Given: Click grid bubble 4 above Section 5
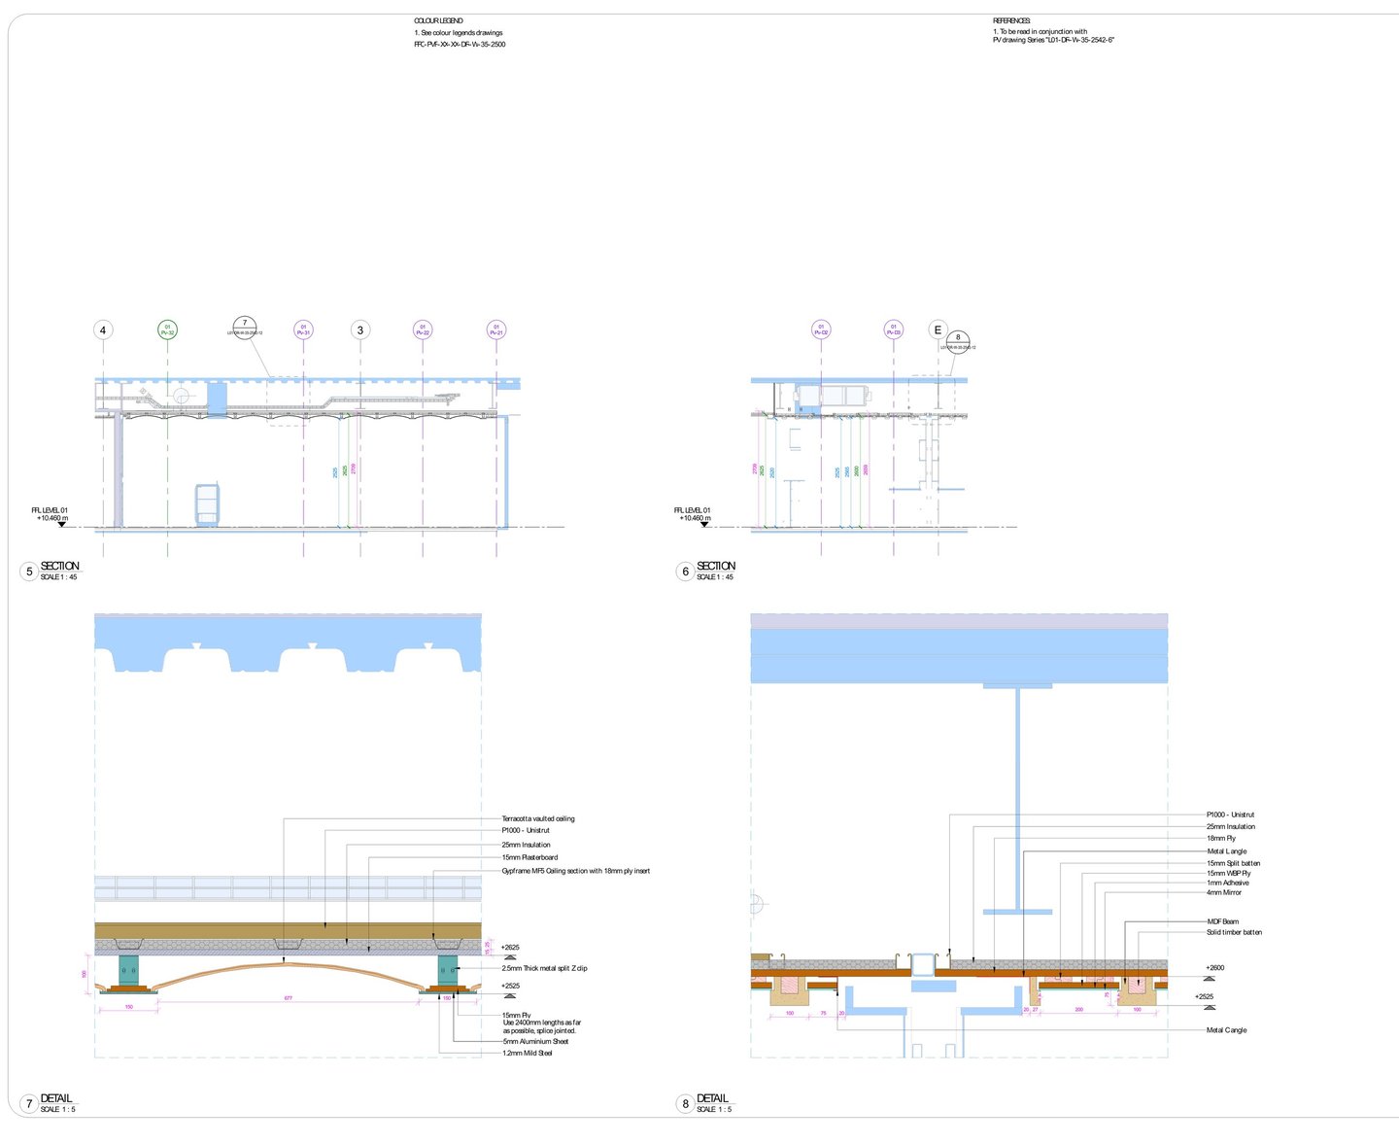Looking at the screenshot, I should [x=103, y=330].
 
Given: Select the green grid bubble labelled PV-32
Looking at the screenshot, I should [x=167, y=330].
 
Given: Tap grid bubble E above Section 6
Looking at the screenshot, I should [x=938, y=330].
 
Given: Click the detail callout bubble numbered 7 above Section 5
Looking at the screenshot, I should [x=245, y=328].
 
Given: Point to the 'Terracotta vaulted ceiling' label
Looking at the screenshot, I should [x=537, y=818].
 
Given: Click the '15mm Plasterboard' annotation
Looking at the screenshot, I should [x=529, y=857].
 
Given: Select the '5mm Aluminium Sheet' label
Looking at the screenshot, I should [x=535, y=1041].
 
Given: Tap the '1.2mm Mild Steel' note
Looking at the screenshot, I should [x=527, y=1053].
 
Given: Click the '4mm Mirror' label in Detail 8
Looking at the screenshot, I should [x=1223, y=892].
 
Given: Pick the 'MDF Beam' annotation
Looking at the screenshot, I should [x=1222, y=921].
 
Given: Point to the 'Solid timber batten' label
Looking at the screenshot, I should [x=1234, y=932].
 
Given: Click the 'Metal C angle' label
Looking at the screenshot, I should [x=1226, y=1030].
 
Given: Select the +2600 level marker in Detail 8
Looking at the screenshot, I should [x=1214, y=968].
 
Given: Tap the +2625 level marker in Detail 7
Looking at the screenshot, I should [x=510, y=948].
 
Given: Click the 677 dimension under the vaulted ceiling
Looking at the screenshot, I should [x=289, y=998].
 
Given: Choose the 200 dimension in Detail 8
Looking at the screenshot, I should [x=1078, y=1010].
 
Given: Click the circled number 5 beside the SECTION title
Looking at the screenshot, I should [x=29, y=572].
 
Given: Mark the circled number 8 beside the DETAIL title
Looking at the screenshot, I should [x=685, y=1103].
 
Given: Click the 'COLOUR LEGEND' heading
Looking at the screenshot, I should [x=438, y=20].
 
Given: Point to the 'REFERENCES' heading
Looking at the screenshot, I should [x=1011, y=20].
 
